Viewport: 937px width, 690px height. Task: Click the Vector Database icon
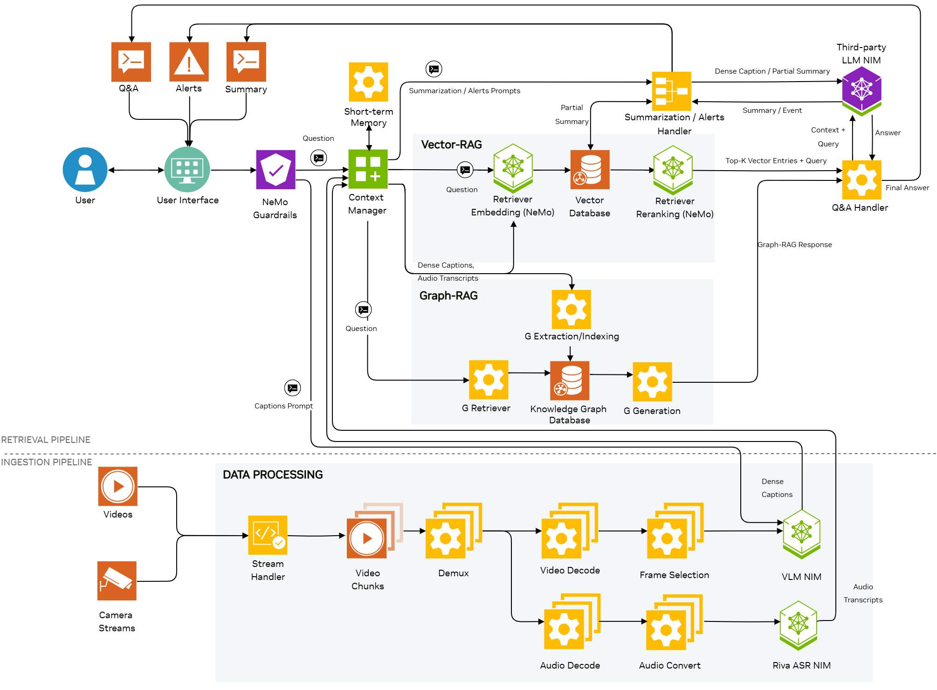(x=590, y=170)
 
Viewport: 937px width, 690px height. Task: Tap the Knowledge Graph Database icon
(x=570, y=380)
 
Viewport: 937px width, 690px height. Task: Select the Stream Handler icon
(x=268, y=535)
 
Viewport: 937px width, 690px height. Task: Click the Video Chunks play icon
(x=367, y=538)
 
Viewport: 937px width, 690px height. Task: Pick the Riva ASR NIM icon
(x=798, y=625)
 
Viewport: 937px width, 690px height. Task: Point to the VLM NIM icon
(x=801, y=533)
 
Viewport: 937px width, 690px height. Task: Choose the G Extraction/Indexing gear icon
(x=571, y=310)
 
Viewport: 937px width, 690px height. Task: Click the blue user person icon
(x=85, y=169)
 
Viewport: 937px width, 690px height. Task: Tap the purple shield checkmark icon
(x=276, y=169)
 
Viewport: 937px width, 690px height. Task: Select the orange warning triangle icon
(x=189, y=62)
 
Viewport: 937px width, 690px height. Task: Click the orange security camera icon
(x=117, y=581)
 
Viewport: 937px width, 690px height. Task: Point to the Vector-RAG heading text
(x=451, y=145)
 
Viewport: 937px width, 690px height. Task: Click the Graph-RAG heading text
(x=448, y=296)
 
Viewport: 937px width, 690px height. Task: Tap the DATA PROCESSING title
(x=273, y=475)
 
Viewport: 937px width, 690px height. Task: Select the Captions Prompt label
(x=283, y=406)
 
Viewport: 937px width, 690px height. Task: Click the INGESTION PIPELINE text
(x=47, y=462)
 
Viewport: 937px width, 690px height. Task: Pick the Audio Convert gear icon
(x=667, y=630)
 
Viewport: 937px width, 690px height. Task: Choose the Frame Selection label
(x=674, y=575)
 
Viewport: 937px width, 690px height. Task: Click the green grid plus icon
(x=368, y=169)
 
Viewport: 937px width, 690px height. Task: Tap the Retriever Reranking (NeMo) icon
(x=673, y=169)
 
